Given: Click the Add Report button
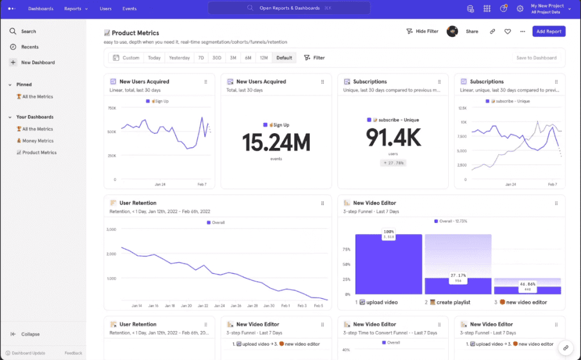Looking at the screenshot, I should [549, 32].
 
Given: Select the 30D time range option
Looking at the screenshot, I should [217, 58].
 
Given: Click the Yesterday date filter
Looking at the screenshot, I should [179, 58].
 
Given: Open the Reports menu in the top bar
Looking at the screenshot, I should [75, 9].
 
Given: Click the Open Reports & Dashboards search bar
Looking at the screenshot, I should [289, 9].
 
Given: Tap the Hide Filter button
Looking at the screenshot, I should [422, 32].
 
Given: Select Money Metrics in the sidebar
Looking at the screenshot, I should [37, 141].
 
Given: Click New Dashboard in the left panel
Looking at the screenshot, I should [37, 62].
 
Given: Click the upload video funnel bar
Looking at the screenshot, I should [389, 264].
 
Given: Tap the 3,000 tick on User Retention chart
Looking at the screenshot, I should [111, 230].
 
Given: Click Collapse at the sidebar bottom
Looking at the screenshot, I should [30, 334].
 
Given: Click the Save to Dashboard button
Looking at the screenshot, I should [536, 58].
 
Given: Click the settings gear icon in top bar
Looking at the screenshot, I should [520, 9].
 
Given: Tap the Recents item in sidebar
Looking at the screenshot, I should [30, 47].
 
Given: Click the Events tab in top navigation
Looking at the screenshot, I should [129, 9].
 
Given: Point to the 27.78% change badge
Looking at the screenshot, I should [393, 163].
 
